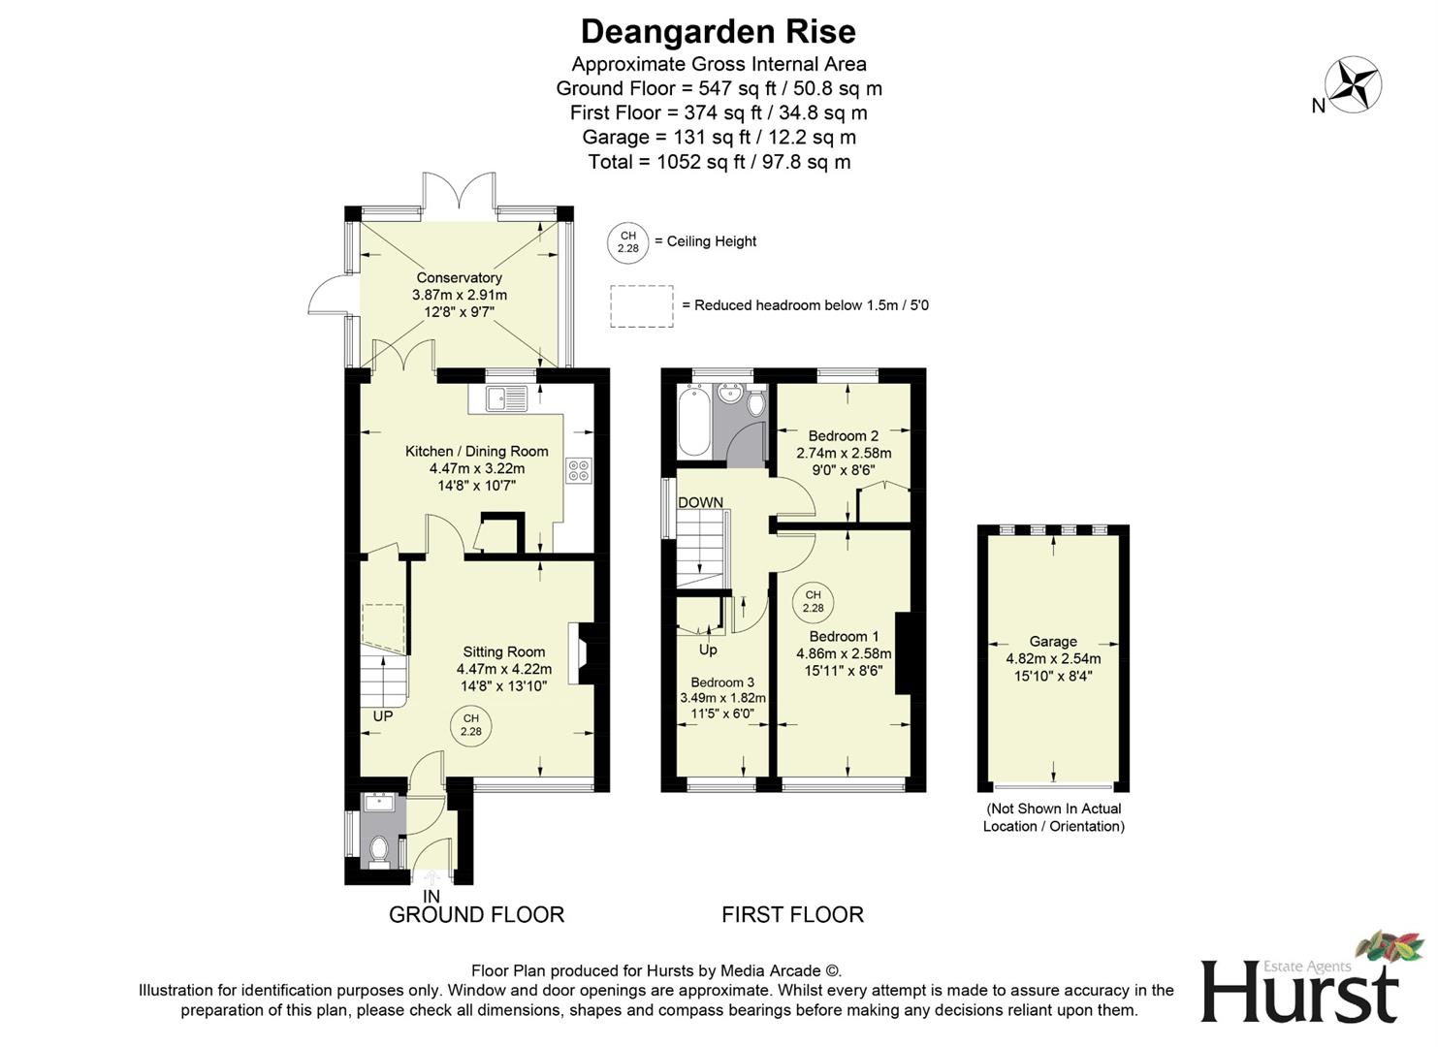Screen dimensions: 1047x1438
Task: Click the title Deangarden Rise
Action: point(718,32)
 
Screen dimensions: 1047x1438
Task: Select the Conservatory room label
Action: point(459,278)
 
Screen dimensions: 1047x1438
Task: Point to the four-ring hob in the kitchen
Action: point(579,470)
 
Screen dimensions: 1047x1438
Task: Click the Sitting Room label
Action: point(503,652)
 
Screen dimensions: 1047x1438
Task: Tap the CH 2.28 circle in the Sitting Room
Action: point(470,725)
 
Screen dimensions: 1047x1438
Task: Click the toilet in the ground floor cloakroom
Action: point(378,850)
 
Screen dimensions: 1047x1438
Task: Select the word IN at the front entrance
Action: point(431,897)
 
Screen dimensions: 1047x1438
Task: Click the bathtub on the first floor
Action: point(692,422)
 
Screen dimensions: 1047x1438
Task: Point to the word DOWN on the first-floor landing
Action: point(700,502)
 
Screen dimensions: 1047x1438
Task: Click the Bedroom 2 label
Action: point(843,436)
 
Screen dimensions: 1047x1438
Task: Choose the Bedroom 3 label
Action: point(722,682)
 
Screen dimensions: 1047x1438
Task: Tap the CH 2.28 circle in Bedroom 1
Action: point(813,602)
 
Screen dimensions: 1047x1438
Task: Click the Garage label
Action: point(1053,642)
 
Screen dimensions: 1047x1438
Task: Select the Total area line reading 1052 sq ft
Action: point(719,162)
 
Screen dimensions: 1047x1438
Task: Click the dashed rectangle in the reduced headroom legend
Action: point(641,306)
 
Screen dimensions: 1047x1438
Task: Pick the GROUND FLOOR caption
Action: point(476,914)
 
